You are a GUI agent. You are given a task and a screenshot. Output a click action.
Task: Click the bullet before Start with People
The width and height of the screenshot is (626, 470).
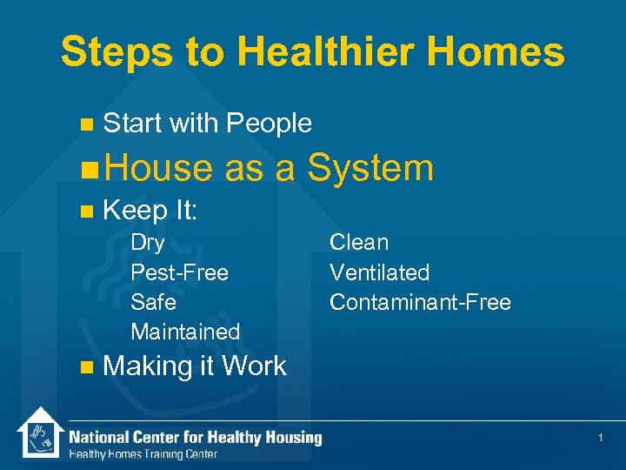[84, 124]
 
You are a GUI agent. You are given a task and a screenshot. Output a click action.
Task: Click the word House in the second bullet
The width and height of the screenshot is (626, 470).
[160, 167]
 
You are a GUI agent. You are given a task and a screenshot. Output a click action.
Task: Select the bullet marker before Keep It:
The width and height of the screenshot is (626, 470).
[84, 211]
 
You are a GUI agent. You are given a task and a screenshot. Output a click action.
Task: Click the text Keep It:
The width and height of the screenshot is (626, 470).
[150, 210]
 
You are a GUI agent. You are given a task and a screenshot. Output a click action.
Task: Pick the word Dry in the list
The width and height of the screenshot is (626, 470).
[147, 243]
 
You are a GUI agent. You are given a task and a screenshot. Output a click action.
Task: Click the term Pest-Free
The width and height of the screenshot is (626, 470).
[179, 272]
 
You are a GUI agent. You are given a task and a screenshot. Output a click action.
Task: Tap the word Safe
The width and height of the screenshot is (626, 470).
[153, 302]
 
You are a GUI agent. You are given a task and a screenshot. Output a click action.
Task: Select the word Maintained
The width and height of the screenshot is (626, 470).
[184, 332]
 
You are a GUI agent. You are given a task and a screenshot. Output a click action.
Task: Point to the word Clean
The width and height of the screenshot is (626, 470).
[358, 243]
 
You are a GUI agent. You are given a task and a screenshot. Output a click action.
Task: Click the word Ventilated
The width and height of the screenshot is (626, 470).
[379, 272]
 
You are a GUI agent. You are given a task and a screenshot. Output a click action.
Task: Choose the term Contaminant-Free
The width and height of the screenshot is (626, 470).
[419, 302]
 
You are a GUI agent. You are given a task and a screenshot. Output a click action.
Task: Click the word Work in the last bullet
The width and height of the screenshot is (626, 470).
[254, 366]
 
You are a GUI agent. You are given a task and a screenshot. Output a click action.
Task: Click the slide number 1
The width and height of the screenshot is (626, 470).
[600, 438]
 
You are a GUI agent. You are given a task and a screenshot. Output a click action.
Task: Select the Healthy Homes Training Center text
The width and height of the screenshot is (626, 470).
[143, 454]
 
